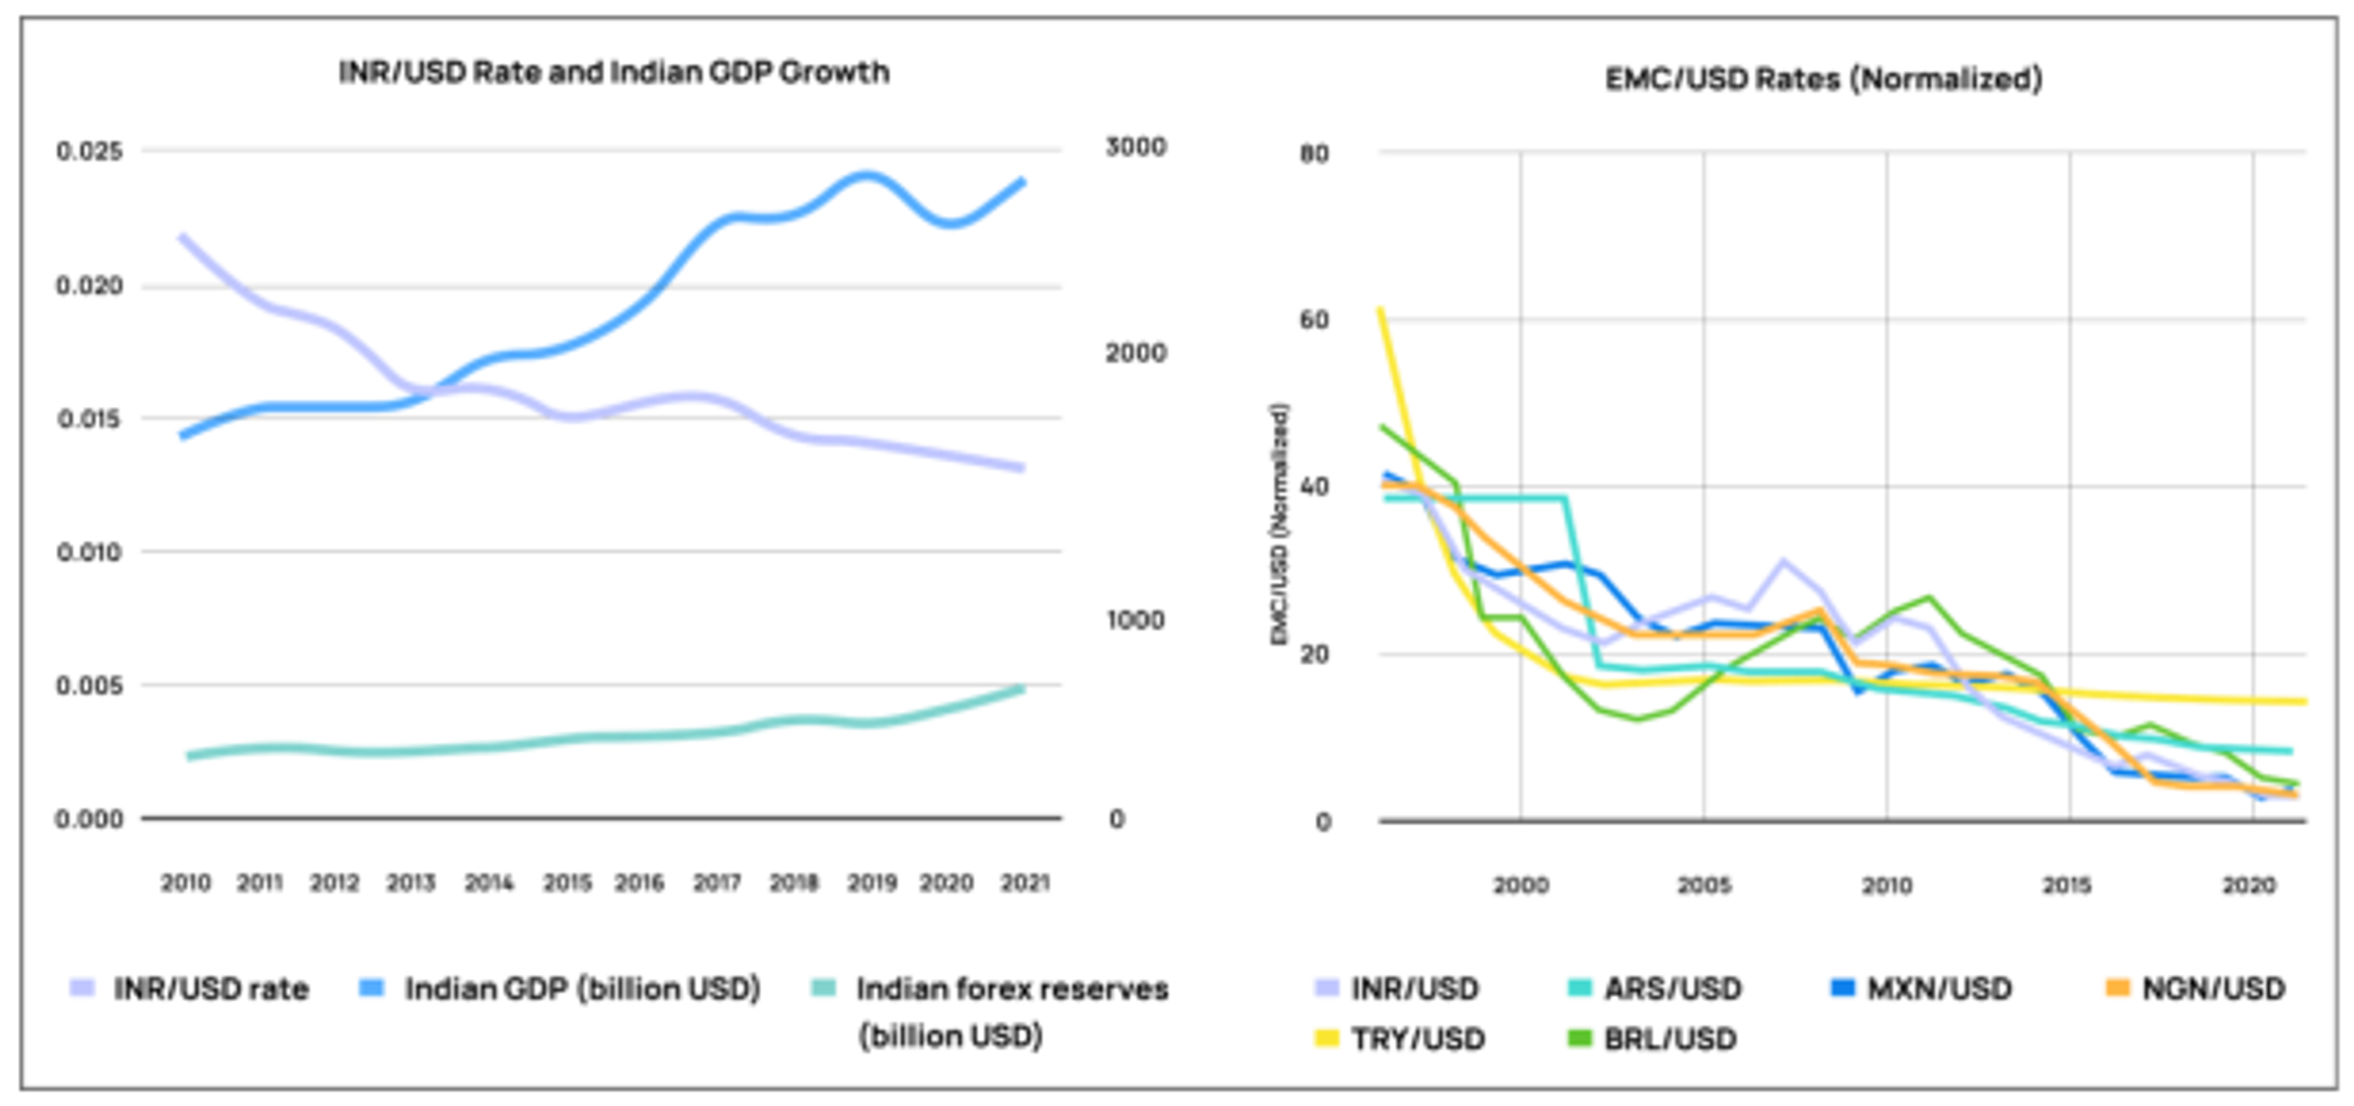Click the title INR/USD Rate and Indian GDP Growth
click(x=613, y=72)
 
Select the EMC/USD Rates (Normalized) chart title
click(x=1823, y=80)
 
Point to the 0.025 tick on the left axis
click(x=90, y=151)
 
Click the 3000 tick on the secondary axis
click(x=1135, y=147)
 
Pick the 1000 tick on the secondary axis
click(x=1135, y=620)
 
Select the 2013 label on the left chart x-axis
click(x=410, y=882)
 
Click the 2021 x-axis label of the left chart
click(x=1024, y=882)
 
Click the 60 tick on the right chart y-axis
click(x=1314, y=320)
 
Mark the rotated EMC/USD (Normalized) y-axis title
click(x=1280, y=525)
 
